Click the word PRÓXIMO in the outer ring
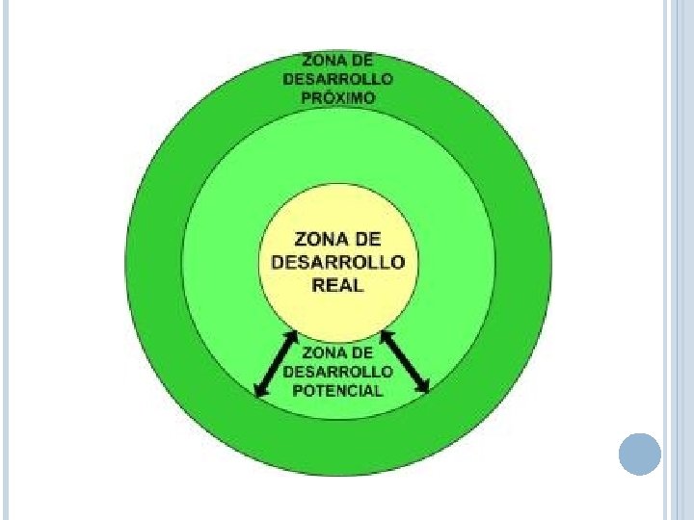pyautogui.click(x=337, y=97)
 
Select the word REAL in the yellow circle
pyautogui.click(x=337, y=286)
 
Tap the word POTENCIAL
pyautogui.click(x=337, y=390)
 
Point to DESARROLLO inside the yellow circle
pyautogui.click(x=337, y=262)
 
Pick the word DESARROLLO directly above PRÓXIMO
pyautogui.click(x=337, y=79)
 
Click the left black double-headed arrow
pyautogui.click(x=275, y=363)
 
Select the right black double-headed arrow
pyautogui.click(x=405, y=362)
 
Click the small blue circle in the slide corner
pyautogui.click(x=639, y=454)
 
